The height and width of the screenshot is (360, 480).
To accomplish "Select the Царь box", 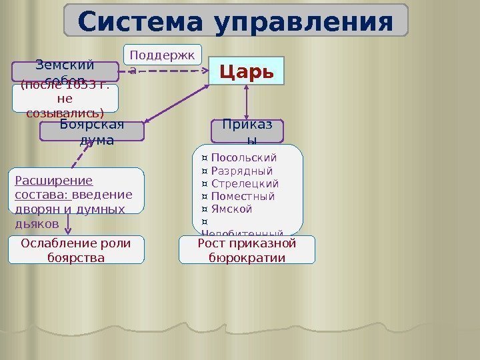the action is [x=247, y=71].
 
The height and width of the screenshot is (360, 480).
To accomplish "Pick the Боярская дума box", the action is [x=92, y=132].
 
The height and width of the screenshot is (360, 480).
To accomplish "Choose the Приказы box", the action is [x=247, y=131].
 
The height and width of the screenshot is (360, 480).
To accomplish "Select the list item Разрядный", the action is [x=241, y=171].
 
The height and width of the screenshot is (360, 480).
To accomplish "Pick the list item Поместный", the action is [x=242, y=196].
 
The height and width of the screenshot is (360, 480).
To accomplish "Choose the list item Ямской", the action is [x=231, y=209].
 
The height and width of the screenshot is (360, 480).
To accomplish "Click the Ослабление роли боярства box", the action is [x=77, y=250].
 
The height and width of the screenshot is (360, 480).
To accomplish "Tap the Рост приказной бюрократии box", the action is [x=247, y=250].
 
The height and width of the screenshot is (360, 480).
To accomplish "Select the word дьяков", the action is [x=36, y=222].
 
